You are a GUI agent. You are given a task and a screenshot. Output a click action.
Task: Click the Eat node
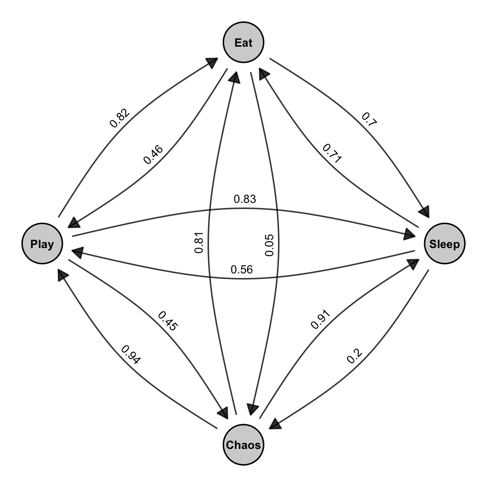pos(243,43)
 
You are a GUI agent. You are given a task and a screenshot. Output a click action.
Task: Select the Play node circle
pos(42,244)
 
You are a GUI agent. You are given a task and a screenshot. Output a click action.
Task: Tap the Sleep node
pos(444,244)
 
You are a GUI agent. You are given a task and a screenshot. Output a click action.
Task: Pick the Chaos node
pos(243,445)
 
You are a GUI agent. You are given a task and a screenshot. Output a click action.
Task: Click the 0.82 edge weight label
pos(120,117)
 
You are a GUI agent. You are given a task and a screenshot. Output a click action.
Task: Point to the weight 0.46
pos(154,154)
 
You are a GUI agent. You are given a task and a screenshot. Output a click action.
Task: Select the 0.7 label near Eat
pos(369,118)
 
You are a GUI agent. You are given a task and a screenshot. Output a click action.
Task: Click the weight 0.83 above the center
pos(245,199)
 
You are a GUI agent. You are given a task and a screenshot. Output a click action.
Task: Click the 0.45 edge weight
pos(168,321)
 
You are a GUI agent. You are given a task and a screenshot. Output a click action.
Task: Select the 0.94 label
pos(131,355)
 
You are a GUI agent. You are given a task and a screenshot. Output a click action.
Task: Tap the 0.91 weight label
pos(320,321)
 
